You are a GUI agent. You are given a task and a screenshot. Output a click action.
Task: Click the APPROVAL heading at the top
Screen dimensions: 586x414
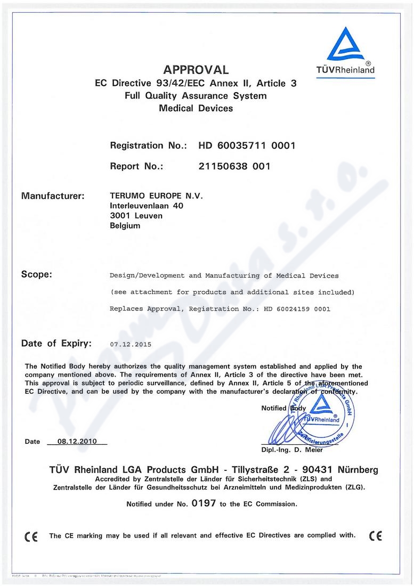pyautogui.click(x=196, y=70)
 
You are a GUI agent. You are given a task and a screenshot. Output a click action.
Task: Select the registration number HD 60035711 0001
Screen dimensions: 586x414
pyautogui.click(x=247, y=145)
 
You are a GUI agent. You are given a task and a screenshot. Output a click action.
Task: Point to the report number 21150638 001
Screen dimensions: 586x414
pyautogui.click(x=234, y=166)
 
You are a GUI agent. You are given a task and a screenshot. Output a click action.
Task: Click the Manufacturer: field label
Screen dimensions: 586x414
pyautogui.click(x=52, y=196)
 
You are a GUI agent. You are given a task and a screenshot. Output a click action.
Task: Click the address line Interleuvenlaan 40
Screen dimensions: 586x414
pyautogui.click(x=147, y=206)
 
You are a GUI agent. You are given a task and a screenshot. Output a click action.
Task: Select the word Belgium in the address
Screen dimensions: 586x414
pyautogui.click(x=125, y=226)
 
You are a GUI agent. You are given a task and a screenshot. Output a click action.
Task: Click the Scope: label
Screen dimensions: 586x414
pyautogui.click(x=36, y=275)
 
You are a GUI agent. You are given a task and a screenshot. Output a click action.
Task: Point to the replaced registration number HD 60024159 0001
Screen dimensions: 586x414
pyautogui.click(x=297, y=309)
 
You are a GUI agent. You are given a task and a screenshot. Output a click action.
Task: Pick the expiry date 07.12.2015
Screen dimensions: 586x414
pyautogui.click(x=131, y=345)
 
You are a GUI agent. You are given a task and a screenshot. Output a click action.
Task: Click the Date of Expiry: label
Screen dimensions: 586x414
pyautogui.click(x=56, y=344)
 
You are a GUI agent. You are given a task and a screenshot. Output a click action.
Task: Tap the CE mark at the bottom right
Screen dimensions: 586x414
pyautogui.click(x=375, y=536)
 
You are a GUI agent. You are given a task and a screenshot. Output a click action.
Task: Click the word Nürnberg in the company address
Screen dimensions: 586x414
pyautogui.click(x=354, y=470)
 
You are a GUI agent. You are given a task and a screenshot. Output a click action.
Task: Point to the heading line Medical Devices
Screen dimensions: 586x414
pyautogui.click(x=196, y=108)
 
